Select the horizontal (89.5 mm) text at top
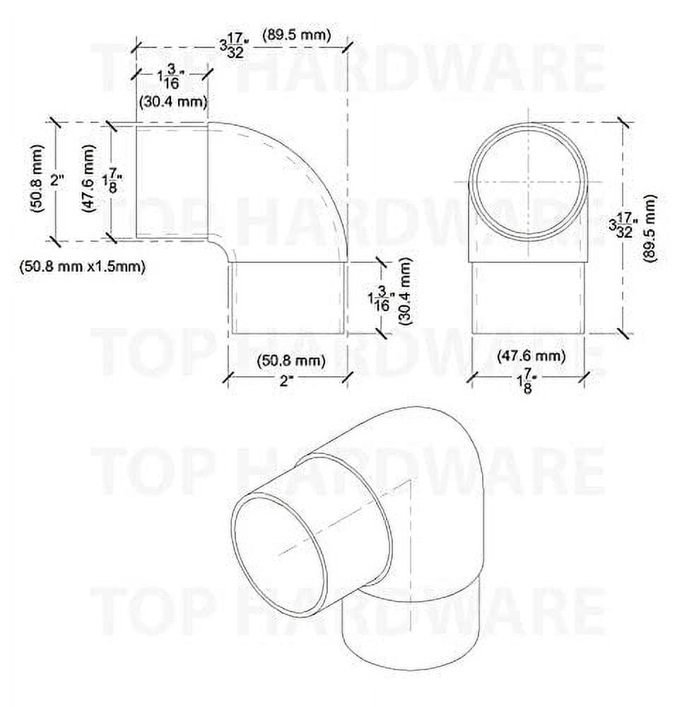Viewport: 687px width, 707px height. [296, 35]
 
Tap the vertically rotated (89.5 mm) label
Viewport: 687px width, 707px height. [650, 228]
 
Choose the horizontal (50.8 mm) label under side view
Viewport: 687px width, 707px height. [290, 361]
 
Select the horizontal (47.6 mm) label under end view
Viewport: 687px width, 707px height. [532, 356]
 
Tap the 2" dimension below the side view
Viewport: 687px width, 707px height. [286, 381]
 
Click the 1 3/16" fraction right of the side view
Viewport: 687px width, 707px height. [377, 300]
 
